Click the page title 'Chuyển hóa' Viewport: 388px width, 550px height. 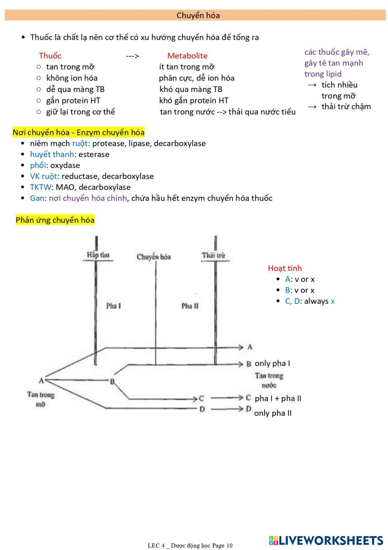[x=198, y=16]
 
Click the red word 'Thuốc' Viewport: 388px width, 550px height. [x=50, y=56]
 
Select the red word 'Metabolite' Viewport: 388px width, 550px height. [x=187, y=56]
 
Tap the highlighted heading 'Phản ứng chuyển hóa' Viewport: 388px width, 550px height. [x=55, y=220]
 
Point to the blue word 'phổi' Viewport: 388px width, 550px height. [x=38, y=165]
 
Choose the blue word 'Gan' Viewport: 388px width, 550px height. [x=37, y=198]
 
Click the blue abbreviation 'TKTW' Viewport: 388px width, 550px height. [x=40, y=187]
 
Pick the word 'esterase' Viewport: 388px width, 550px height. [x=94, y=154]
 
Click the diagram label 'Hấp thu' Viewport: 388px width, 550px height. [x=98, y=255]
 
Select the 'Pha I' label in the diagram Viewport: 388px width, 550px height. [x=113, y=306]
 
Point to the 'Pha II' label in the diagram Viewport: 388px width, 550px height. [x=190, y=306]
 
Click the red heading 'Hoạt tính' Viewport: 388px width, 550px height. [x=285, y=268]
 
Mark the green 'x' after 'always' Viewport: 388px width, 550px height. [x=333, y=301]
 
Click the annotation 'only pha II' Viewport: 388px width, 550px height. [x=273, y=413]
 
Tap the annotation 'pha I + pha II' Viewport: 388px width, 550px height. [x=278, y=398]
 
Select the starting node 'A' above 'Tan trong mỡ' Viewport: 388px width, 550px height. [x=41, y=380]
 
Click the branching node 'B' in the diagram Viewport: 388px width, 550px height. [x=112, y=381]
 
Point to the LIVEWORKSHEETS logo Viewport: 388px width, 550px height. [x=326, y=540]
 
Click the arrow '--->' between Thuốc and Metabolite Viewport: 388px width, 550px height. [x=132, y=56]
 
